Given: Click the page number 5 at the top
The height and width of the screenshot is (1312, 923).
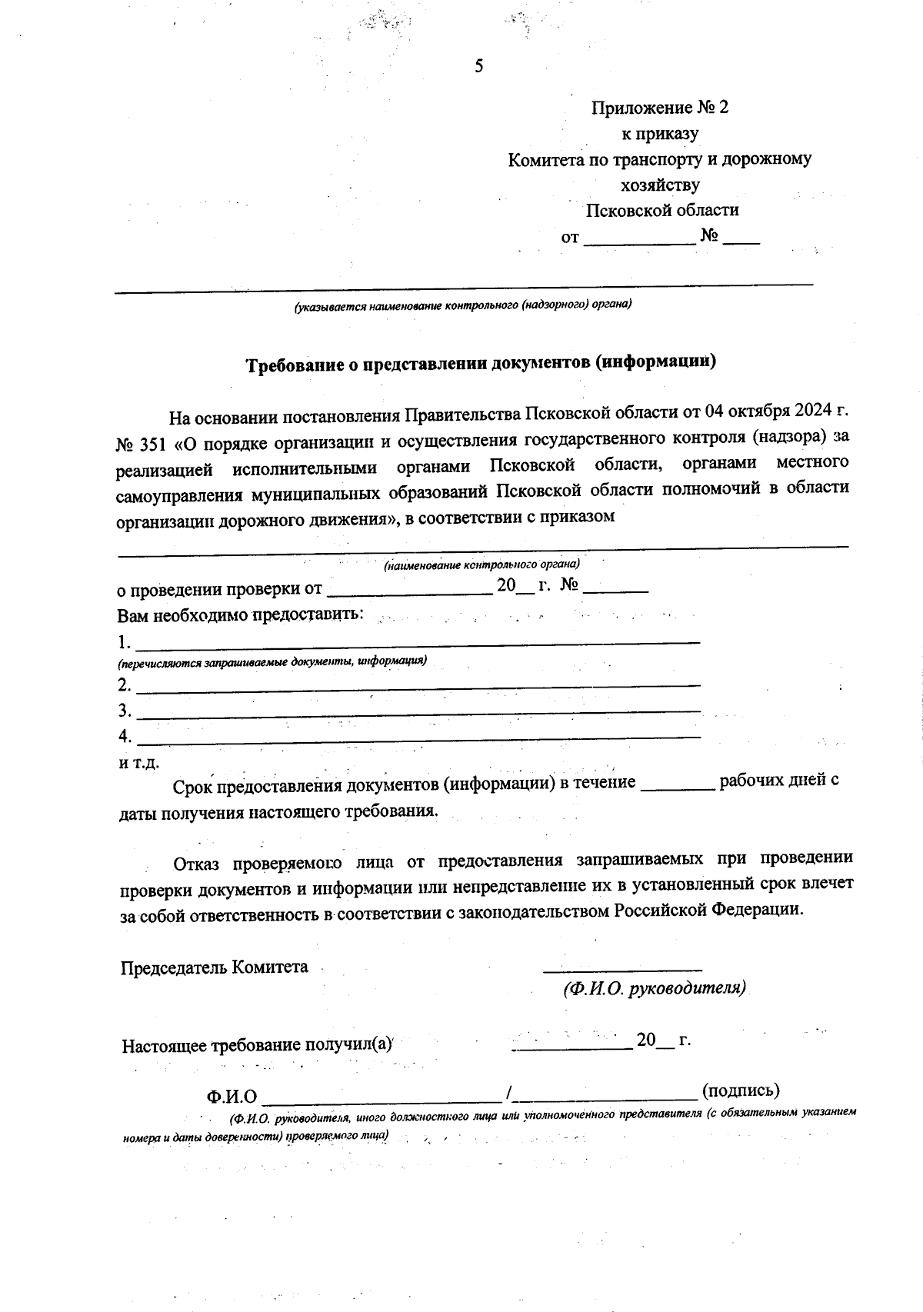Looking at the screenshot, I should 478,67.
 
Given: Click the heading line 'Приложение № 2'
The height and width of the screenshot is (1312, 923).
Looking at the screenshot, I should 659,108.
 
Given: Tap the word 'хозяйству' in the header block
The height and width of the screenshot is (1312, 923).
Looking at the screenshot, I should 660,185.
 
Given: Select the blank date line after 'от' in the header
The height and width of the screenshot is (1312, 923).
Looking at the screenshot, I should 638,240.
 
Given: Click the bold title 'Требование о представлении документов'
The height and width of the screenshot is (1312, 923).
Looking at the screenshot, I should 481,362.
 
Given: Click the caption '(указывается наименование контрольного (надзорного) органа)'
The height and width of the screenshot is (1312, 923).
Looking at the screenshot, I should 461,305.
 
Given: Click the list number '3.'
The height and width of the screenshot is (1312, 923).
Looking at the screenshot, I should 125,710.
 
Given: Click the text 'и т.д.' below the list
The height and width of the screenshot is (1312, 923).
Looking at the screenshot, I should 138,764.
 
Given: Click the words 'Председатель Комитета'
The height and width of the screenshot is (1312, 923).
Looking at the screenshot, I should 214,967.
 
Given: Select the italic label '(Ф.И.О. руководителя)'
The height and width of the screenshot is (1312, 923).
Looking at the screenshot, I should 654,988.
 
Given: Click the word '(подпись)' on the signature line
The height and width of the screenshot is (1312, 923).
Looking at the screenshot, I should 741,1091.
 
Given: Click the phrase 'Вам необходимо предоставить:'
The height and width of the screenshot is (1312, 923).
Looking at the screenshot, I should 240,616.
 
